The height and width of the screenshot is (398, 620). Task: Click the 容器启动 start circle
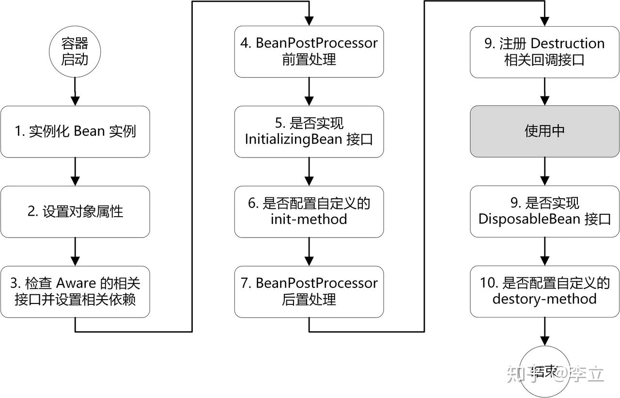point(75,52)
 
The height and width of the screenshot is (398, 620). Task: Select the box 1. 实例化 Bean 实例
point(75,131)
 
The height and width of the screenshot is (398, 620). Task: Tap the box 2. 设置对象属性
point(75,212)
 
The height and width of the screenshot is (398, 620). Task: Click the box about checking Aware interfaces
point(75,291)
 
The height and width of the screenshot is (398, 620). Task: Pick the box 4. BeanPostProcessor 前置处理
point(309,51)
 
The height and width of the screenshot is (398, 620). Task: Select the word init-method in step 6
point(309,219)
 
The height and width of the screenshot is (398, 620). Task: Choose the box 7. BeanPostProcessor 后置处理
point(309,291)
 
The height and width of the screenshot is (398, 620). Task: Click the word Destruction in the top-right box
point(568,44)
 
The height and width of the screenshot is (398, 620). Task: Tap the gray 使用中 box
point(544,131)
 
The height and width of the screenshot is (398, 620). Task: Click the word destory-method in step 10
point(544,299)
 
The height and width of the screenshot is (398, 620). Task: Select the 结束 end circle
point(544,371)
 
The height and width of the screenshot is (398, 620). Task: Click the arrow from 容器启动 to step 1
point(75,92)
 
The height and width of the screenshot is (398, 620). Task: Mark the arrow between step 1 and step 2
point(75,172)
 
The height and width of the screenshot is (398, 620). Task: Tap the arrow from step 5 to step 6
point(309,172)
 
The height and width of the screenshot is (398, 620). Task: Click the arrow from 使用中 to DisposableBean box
point(544,172)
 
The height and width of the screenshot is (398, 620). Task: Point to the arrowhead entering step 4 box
point(309,21)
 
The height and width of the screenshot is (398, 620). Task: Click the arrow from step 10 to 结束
point(544,332)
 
